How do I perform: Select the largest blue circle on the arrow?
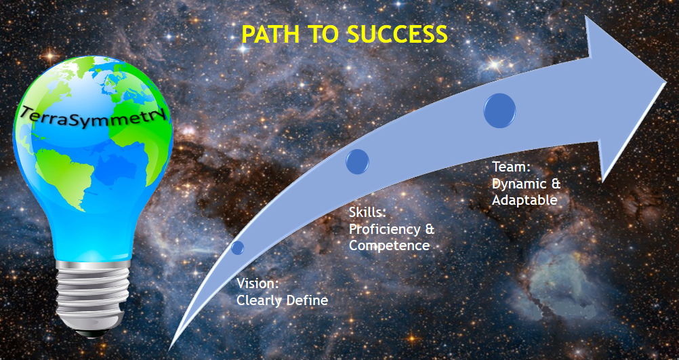pos(499,111)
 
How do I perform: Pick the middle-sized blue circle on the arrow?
pos(357,161)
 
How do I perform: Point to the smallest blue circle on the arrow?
pos(237,248)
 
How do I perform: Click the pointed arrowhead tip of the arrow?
pos(665,82)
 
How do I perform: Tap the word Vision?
pos(258,284)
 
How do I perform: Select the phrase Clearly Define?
pos(282,300)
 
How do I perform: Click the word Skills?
pos(367,213)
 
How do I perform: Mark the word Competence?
pos(389,245)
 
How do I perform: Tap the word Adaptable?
pos(524,200)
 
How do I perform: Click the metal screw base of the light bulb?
pos(93,295)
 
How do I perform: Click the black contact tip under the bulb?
pos(93,334)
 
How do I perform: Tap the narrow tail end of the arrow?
pos(169,348)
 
